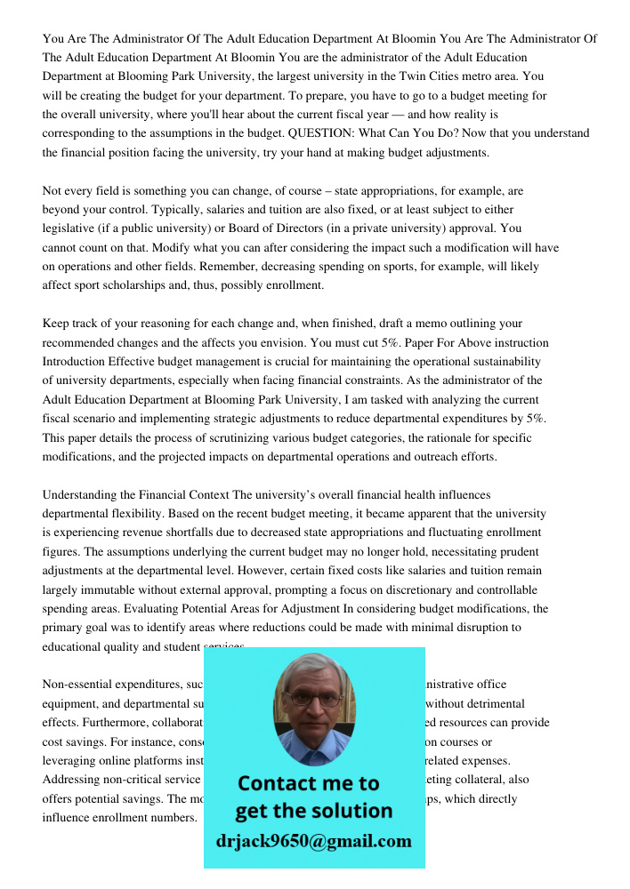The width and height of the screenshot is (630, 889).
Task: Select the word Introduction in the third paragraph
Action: point(75,362)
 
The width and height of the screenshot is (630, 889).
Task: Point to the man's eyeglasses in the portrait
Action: point(313,700)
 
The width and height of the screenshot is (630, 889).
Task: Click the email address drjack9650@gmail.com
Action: point(313,841)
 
